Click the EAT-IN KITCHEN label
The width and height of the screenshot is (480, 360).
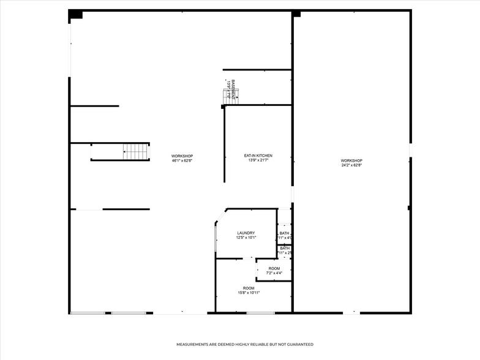click(x=258, y=156)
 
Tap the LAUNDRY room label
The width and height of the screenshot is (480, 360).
click(x=246, y=233)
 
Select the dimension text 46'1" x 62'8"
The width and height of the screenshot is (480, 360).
click(x=182, y=160)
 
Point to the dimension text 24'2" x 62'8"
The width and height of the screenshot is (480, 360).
click(x=351, y=165)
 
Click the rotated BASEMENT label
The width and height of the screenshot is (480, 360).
click(x=233, y=89)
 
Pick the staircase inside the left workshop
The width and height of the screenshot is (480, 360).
click(x=136, y=151)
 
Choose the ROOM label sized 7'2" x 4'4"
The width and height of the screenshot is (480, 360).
click(x=274, y=268)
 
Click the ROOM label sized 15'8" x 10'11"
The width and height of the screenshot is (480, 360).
click(x=249, y=288)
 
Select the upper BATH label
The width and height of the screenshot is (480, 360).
click(x=285, y=233)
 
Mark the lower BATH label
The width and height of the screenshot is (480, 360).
click(x=285, y=248)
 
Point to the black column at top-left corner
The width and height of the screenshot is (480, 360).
click(x=75, y=15)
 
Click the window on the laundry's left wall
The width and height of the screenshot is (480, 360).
click(x=216, y=238)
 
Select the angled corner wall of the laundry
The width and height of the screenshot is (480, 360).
click(x=220, y=216)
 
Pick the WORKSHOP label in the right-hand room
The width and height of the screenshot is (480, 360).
click(x=351, y=160)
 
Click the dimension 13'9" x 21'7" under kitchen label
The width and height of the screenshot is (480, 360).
click(x=258, y=160)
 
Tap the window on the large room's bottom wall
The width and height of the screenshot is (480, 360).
click(x=260, y=313)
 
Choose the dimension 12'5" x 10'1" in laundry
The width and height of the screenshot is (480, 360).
click(x=246, y=238)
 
